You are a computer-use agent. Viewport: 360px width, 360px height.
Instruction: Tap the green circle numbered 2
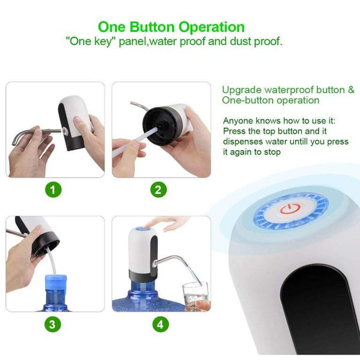[158, 191]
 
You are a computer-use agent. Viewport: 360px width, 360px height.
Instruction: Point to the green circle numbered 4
[159, 325]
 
